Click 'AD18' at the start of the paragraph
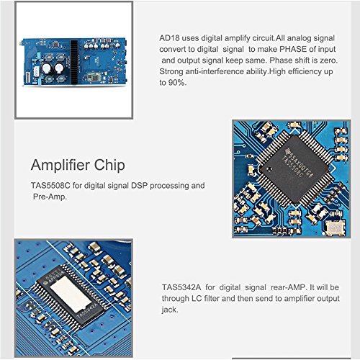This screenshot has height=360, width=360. (x=169, y=38)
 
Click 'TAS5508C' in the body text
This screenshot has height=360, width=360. (x=50, y=185)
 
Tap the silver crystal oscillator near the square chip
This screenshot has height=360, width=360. (x=333, y=229)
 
